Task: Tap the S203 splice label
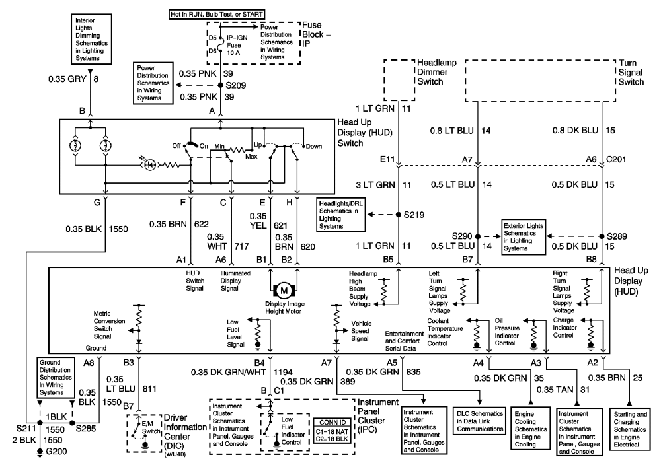coord(235,85)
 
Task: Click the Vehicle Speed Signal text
coord(358,334)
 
